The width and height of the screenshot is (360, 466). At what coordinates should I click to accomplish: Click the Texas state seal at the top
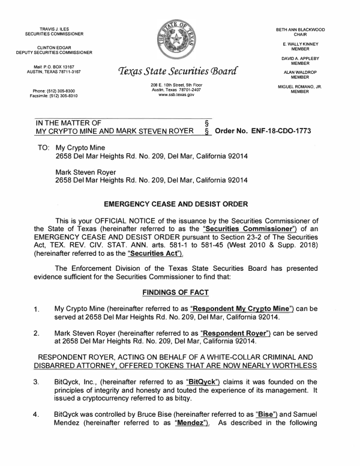179,40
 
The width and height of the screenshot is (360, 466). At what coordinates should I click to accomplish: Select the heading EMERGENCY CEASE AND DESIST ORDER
180,204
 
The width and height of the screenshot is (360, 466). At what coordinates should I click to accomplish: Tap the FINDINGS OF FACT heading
180,292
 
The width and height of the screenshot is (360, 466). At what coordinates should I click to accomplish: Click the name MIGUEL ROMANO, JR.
299,86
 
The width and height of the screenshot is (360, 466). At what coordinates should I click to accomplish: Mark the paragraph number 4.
37,416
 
